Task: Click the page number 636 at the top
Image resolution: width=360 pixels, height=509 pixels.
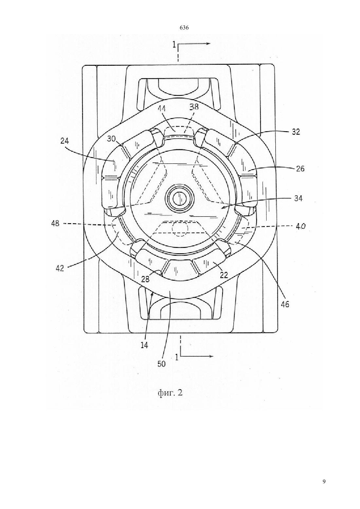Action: [x=184, y=28]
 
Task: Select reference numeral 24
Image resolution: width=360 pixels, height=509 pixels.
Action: [x=64, y=141]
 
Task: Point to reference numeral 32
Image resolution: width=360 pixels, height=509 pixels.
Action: [x=296, y=132]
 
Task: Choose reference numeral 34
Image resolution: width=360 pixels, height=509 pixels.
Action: [x=298, y=198]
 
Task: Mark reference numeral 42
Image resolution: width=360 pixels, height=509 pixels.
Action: [x=60, y=268]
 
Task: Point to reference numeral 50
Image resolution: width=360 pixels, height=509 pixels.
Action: [x=161, y=364]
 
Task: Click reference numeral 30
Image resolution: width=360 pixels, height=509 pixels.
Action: [x=111, y=139]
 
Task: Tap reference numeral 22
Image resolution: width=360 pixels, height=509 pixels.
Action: [x=224, y=275]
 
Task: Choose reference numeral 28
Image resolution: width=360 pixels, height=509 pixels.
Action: [x=145, y=279]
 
